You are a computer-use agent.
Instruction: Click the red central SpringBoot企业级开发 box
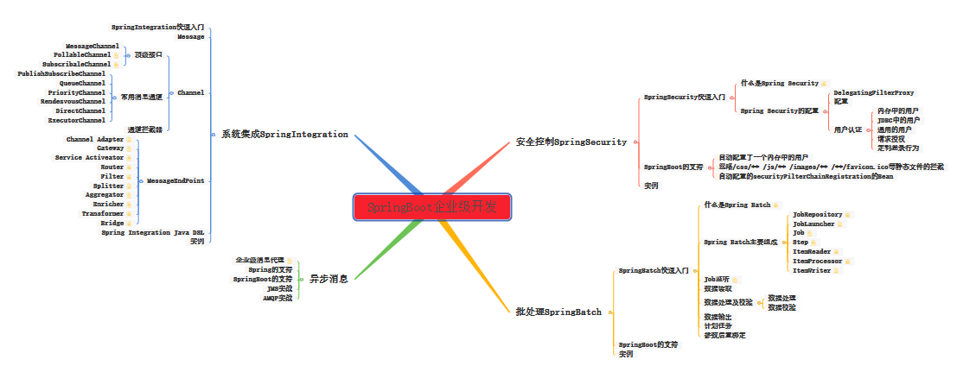pos(432,207)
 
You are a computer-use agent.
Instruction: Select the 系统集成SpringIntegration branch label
pos(284,135)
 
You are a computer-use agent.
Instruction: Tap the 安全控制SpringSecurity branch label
pos(571,142)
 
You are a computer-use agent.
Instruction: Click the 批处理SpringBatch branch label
pos(558,311)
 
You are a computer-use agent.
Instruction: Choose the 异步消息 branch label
pos(329,279)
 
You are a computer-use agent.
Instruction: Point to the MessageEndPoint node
pos(175,181)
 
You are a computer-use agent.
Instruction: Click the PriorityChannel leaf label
pos(76,92)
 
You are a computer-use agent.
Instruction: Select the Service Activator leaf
pos(89,158)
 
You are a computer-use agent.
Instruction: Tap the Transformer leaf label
pos(102,213)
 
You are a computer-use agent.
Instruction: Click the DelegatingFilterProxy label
pos(873,92)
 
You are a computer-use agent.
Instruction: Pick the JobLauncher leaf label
pos(813,224)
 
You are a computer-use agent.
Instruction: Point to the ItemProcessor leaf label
pos(817,261)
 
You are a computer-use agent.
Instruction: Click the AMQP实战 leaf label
pos(278,298)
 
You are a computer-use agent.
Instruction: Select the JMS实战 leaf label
pos(279,288)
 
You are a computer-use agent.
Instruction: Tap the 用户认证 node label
pos(847,129)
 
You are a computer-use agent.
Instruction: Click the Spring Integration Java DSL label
pos(153,232)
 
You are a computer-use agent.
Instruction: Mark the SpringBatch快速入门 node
pos(654,271)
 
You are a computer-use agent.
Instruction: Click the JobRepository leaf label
pos(817,215)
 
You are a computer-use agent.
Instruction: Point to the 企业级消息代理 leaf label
pos(259,260)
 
